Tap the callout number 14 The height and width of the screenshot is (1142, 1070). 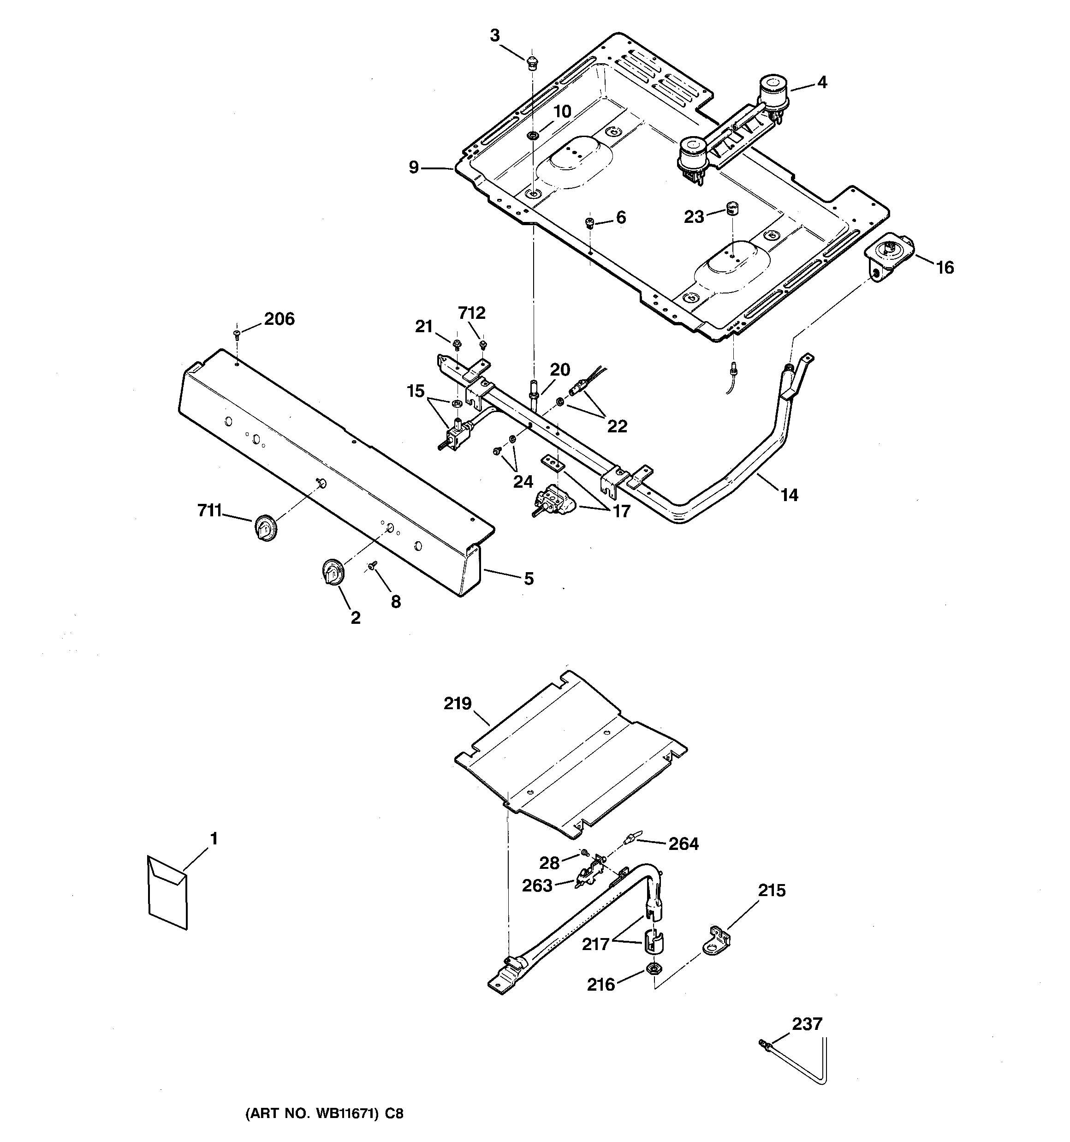(x=789, y=494)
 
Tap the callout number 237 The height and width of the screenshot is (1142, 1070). (x=807, y=1024)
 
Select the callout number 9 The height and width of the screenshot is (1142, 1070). (x=414, y=168)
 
